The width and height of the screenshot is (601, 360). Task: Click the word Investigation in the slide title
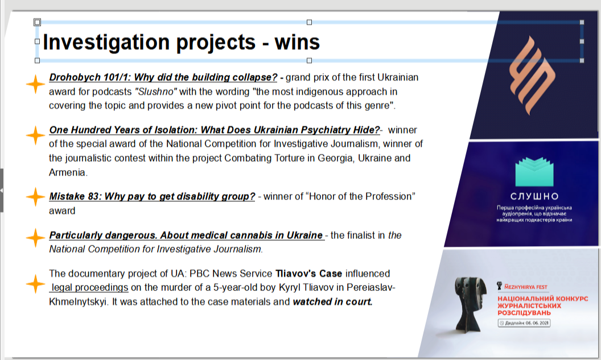[x=106, y=43]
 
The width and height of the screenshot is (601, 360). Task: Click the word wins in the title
[x=297, y=42]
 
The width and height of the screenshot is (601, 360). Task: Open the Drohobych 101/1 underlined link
[x=163, y=77]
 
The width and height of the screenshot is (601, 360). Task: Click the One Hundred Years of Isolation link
[x=215, y=130]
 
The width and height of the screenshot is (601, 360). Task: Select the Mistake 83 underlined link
[x=152, y=196]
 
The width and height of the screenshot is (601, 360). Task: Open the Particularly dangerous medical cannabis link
[x=187, y=235]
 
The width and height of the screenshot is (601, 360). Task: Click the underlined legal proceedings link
[x=89, y=287]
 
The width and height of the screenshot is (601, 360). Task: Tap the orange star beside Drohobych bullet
[x=35, y=84]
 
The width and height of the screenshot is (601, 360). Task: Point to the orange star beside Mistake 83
[x=35, y=197]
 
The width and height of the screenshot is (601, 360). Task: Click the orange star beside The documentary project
[x=35, y=284]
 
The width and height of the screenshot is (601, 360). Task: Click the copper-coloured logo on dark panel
[x=532, y=76]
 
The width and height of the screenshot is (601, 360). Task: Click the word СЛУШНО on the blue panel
[x=534, y=196]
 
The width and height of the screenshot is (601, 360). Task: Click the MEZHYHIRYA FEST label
[x=525, y=287]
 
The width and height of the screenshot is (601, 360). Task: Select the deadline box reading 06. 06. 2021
[x=524, y=323]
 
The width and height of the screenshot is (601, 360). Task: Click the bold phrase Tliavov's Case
[x=309, y=274]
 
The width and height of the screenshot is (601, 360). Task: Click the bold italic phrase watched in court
[x=333, y=302]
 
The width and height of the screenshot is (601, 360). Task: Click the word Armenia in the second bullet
[x=68, y=172]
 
